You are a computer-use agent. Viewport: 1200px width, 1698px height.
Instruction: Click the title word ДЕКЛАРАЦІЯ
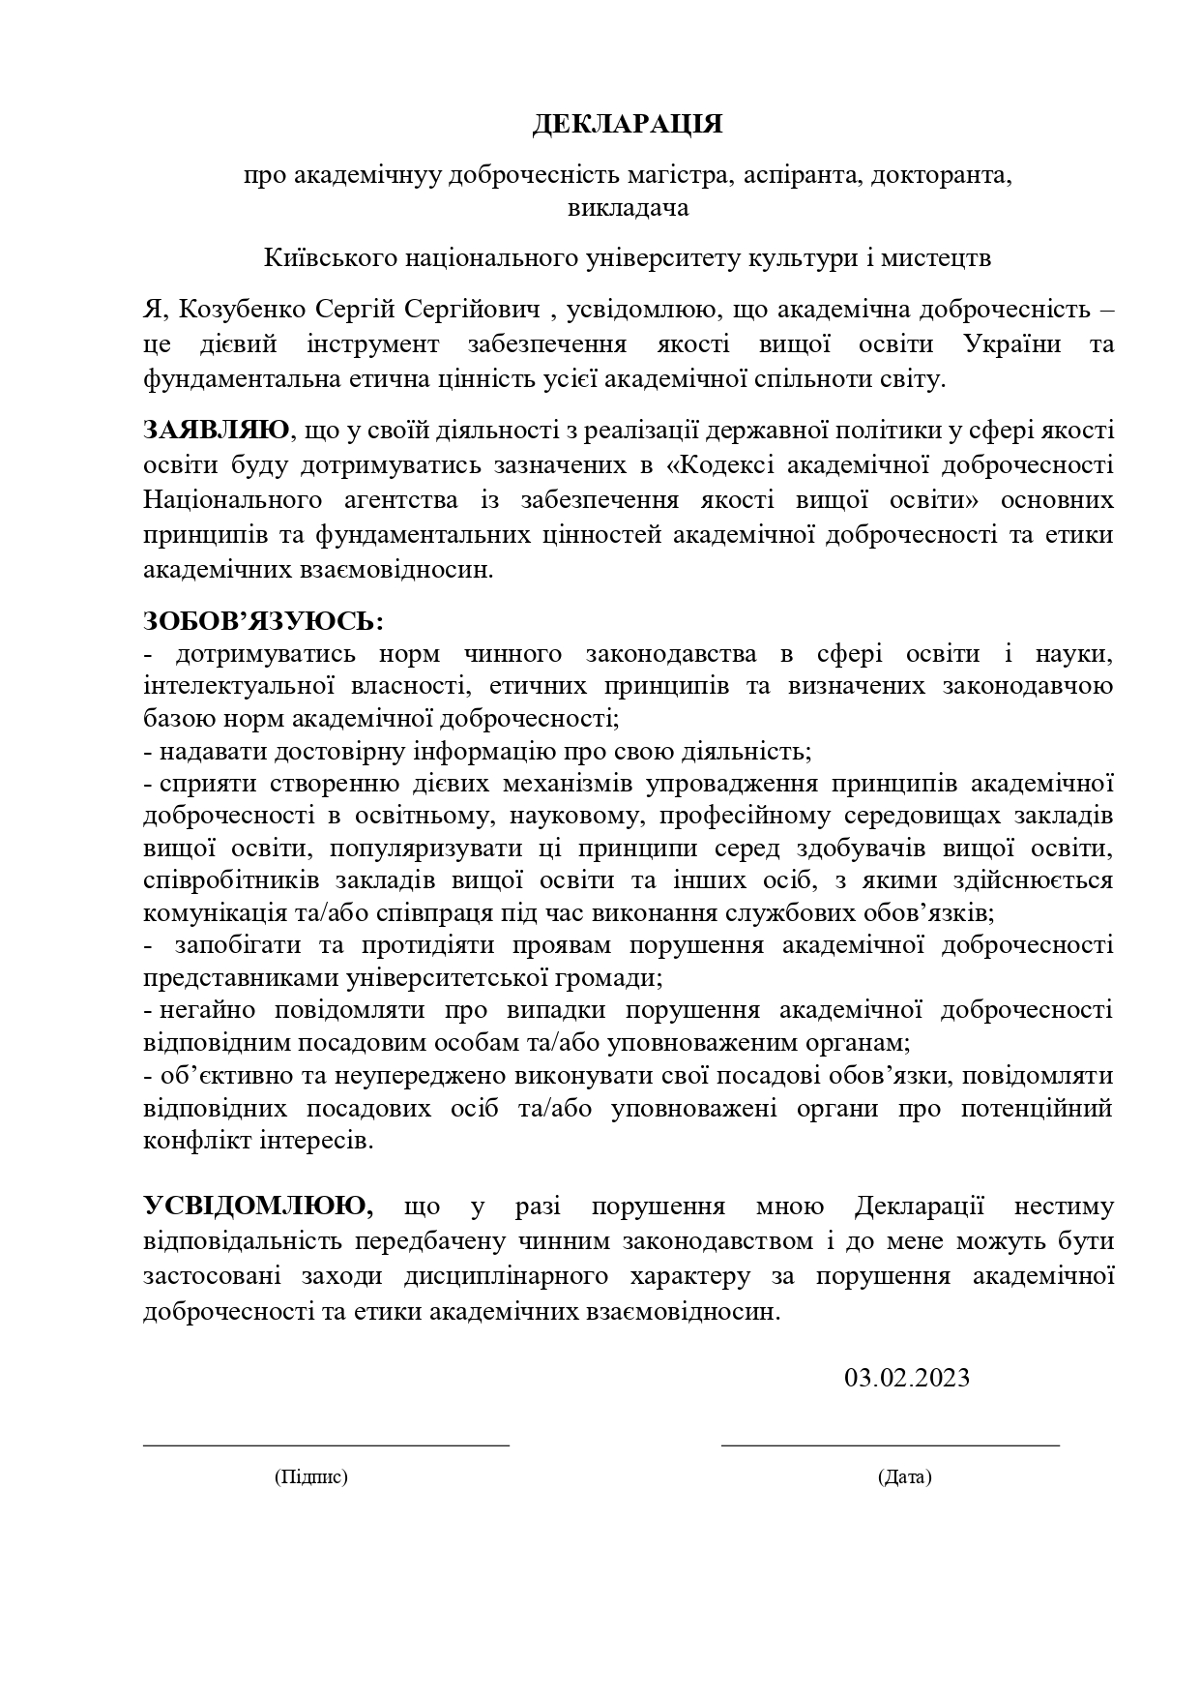pos(628,125)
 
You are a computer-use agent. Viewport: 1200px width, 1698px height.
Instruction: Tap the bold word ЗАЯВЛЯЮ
pos(216,430)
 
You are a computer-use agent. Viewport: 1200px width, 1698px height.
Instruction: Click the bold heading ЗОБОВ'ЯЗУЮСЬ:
pos(263,619)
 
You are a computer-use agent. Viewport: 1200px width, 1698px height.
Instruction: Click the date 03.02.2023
pos(906,1377)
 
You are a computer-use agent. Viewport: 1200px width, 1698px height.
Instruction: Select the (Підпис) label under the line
pos(311,1476)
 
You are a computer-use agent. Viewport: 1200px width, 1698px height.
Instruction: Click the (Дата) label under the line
pos(905,1476)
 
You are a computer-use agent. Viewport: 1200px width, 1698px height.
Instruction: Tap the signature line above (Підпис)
pos(326,1445)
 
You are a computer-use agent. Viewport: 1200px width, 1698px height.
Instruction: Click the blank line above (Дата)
pos(890,1445)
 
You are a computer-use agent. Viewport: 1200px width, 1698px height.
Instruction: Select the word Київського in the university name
pos(325,258)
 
